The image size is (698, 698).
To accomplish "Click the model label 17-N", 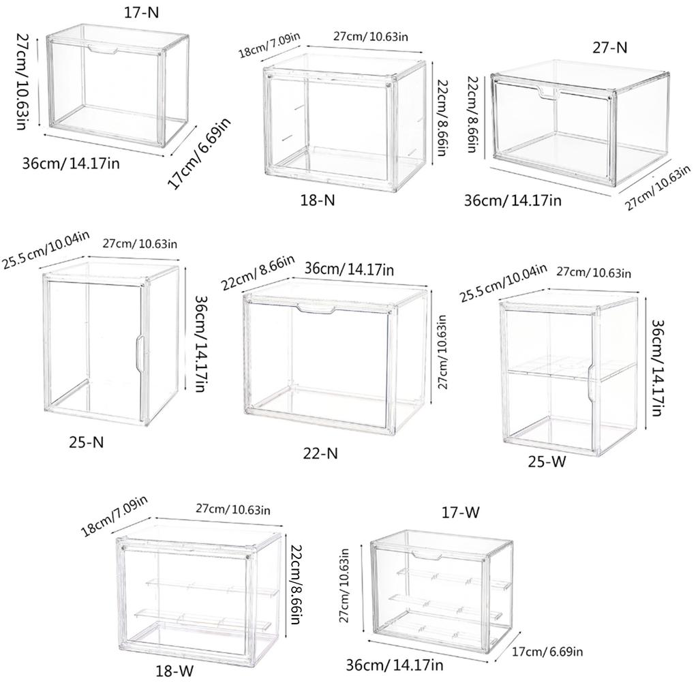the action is (x=141, y=12).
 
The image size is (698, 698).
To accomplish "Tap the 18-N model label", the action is (x=318, y=200).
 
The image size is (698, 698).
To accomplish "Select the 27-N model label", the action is (x=609, y=47).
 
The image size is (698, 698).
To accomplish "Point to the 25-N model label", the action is (x=87, y=442).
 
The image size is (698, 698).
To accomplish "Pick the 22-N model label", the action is (x=320, y=453).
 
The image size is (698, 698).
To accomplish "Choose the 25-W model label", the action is (x=547, y=461).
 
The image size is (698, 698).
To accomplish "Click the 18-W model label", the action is (x=175, y=671).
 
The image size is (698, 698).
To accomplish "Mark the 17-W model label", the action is (x=461, y=513).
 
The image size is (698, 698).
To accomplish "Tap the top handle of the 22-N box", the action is (x=316, y=309).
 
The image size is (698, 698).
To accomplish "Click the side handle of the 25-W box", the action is (x=592, y=381).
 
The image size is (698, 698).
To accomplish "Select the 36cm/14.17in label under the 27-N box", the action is (x=513, y=200).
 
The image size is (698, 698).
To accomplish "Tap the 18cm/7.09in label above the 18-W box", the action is (x=114, y=517).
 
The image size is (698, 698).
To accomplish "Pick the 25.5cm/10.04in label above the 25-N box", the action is (x=46, y=249).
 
